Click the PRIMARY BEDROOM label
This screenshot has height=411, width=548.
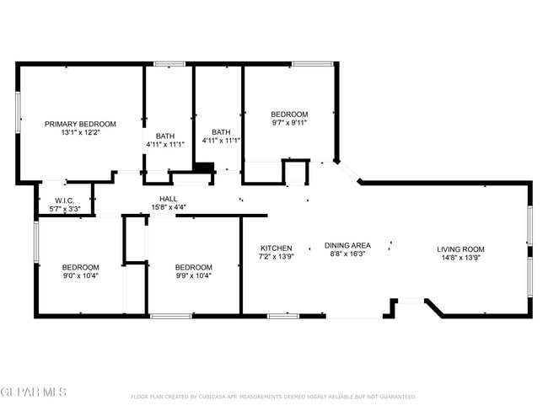pos(80,124)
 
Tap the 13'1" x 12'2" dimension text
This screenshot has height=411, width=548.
pos(80,132)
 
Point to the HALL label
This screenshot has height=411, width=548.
pos(168,199)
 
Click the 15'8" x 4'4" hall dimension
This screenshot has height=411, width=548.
pos(168,207)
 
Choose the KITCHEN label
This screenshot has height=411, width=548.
pos(276,248)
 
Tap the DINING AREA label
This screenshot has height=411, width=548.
pos(347,245)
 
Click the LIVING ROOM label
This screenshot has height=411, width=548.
pos(460,248)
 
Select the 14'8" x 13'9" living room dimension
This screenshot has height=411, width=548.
pos(460,258)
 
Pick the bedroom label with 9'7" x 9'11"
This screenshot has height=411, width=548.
pos(288,115)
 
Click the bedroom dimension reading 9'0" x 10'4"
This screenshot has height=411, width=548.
pos(80,275)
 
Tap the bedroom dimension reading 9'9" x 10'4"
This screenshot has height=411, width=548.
pos(193,275)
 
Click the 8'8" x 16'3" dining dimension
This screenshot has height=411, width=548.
pos(347,254)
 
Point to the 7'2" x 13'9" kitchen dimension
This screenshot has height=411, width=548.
pos(276,257)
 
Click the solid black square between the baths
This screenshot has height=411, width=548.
pos(203,167)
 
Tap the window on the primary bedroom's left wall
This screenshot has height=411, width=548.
pos(18,112)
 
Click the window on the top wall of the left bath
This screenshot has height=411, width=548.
pos(169,63)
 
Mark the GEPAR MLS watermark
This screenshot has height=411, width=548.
pos(34,392)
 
